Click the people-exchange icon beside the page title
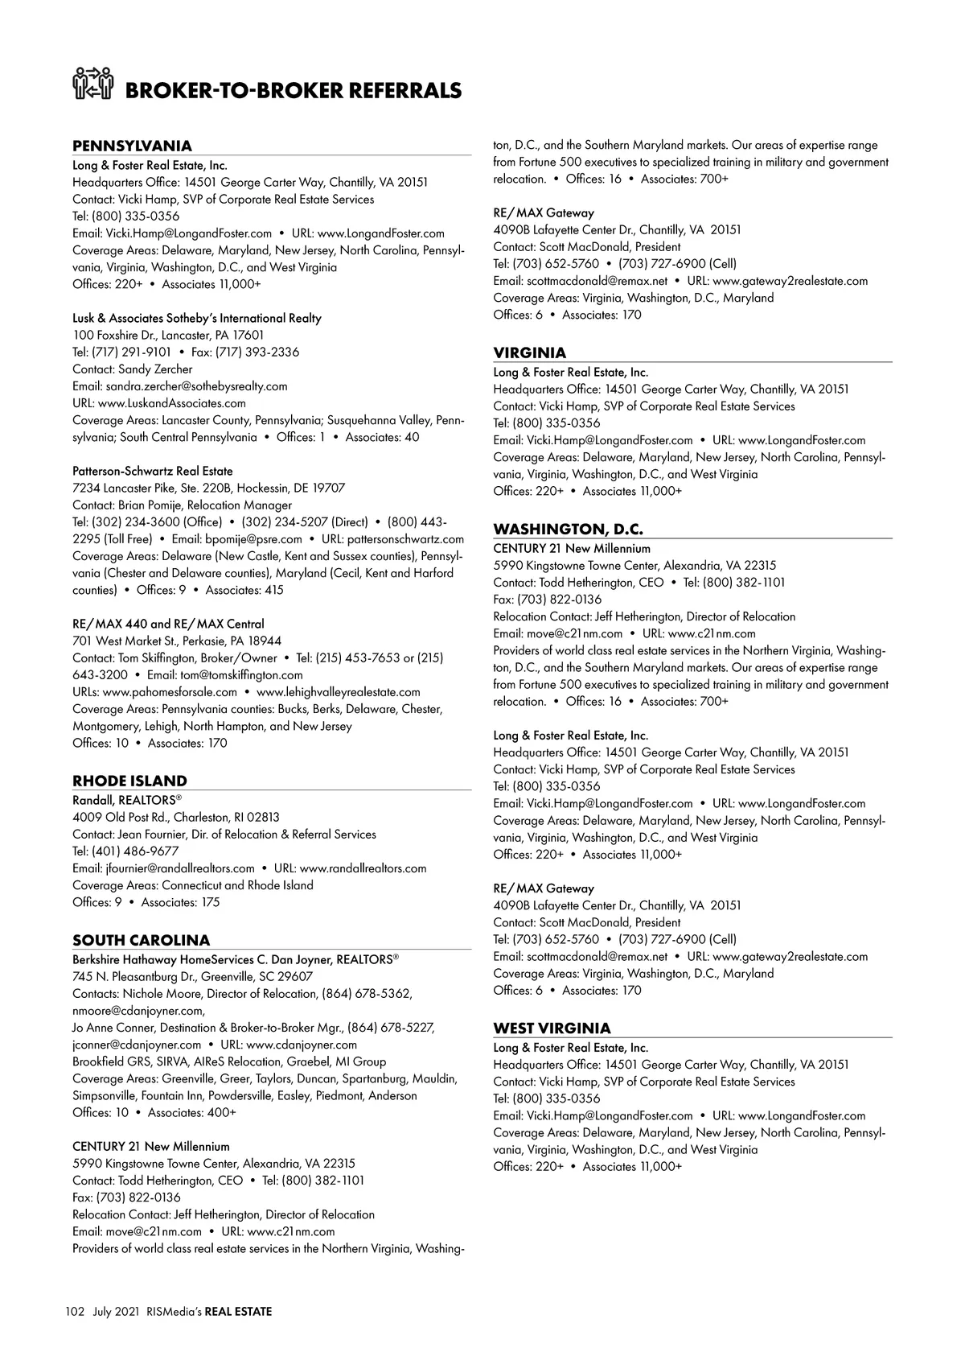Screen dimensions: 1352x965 tap(92, 84)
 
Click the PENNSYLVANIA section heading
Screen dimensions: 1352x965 tap(132, 146)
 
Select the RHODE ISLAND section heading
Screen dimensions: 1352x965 tap(129, 781)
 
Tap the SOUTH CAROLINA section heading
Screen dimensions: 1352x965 tap(141, 940)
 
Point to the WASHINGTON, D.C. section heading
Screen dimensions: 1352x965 tap(568, 529)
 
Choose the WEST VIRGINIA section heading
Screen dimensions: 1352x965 tap(552, 1028)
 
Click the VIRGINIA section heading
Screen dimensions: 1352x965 tap(529, 352)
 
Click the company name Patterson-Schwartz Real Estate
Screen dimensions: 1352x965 tap(153, 471)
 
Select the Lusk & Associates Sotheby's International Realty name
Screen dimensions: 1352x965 tap(197, 318)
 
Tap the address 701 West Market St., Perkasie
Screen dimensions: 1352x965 tap(177, 641)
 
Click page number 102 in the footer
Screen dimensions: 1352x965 tap(75, 1312)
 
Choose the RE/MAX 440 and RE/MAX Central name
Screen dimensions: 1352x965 tap(168, 624)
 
